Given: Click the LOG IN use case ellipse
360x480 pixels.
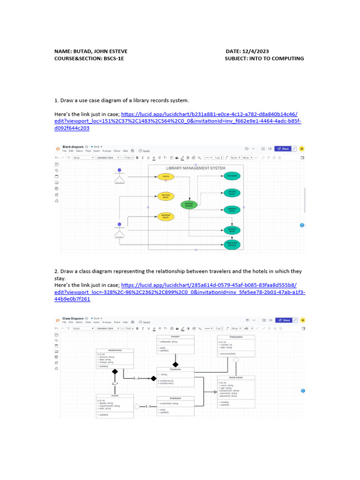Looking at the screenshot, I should (x=165, y=177).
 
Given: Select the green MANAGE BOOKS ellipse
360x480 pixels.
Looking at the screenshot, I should (x=189, y=204).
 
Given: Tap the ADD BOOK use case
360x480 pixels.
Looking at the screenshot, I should (x=232, y=176).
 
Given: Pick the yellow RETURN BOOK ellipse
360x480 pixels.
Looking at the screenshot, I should (x=165, y=196).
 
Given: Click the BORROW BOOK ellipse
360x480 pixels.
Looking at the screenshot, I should (x=165, y=217).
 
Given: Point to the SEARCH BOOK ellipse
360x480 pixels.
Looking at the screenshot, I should (x=232, y=230).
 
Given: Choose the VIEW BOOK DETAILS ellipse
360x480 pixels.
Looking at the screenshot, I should (x=232, y=244).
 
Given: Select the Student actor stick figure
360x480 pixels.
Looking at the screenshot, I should (x=120, y=230).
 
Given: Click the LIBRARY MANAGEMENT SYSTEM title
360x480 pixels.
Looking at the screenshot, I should (x=195, y=168).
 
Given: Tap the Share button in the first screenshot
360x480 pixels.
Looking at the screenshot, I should (x=283, y=149).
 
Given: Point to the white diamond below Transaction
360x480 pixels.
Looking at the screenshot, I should (x=236, y=360).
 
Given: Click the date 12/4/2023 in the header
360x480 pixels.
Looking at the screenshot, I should (x=256, y=51).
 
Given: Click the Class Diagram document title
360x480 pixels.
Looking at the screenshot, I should (x=73, y=318).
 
